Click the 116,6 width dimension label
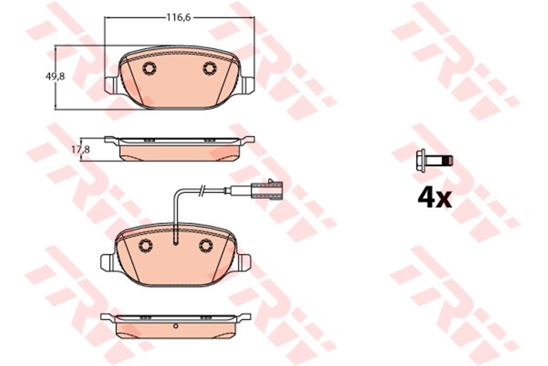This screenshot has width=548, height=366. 179,18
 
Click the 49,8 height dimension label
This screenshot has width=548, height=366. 55,77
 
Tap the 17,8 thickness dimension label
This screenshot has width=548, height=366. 81,149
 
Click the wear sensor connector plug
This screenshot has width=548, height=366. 268,191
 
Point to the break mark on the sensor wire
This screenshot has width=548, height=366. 201,190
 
